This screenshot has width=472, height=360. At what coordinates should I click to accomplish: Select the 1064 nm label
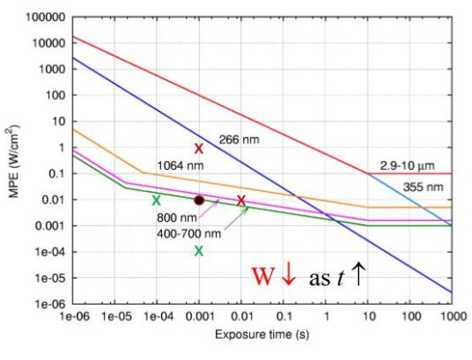point(176,165)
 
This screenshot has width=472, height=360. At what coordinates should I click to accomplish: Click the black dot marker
point(199,200)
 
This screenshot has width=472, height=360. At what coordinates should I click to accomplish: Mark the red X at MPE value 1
point(199,149)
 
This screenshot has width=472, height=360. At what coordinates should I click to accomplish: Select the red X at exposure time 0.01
point(241,201)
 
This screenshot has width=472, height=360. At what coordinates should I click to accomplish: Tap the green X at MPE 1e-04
point(199,251)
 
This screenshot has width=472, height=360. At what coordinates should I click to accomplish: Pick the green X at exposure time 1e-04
point(156,201)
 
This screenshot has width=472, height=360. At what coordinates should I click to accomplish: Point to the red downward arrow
point(289,276)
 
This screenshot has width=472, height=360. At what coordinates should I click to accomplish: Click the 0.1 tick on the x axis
point(284,315)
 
